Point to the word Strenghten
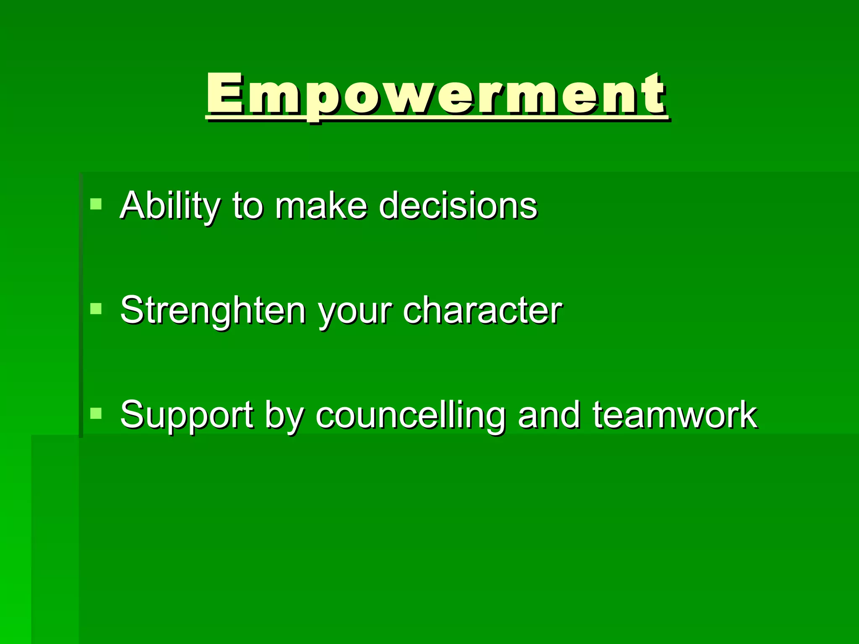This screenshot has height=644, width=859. click(x=213, y=311)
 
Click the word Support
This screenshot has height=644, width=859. click(x=187, y=416)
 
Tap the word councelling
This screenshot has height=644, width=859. click(x=411, y=416)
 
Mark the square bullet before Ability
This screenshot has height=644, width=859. click(x=96, y=204)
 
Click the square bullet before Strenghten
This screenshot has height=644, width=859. click(x=96, y=309)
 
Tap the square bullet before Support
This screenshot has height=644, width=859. click(x=96, y=414)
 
